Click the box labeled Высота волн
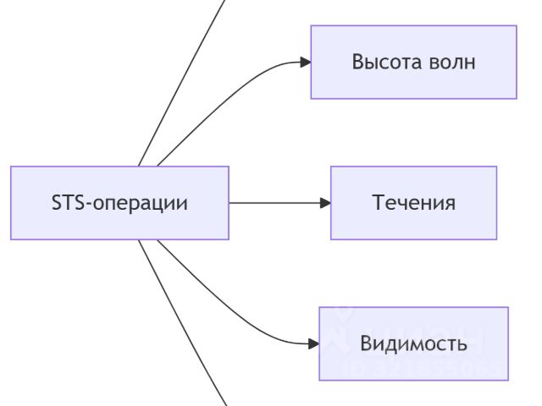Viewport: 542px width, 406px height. tap(413, 62)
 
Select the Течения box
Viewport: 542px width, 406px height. tap(413, 203)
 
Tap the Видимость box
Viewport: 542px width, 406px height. tap(413, 343)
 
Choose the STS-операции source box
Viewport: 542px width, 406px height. tap(119, 203)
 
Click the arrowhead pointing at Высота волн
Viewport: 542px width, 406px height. tap(304, 62)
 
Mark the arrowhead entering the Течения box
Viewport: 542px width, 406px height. tap(324, 203)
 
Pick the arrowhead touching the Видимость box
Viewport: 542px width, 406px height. tap(312, 343)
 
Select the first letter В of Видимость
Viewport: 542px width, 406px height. tap(366, 343)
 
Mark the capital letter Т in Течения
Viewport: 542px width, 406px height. tap(378, 203)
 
